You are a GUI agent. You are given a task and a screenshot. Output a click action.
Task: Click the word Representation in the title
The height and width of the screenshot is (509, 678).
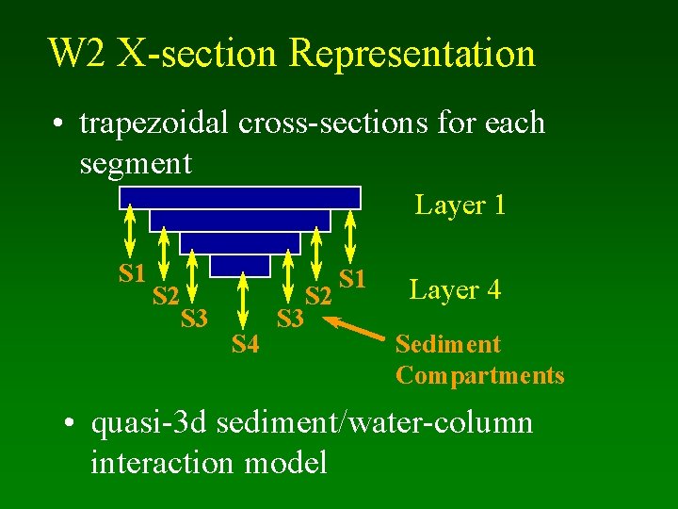coord(412,55)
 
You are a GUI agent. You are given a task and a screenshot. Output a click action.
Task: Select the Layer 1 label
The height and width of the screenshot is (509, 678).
coord(460,205)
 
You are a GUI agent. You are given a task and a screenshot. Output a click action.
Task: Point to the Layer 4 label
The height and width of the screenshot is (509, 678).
coord(455,289)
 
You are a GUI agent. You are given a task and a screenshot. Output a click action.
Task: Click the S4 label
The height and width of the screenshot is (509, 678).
coord(245,345)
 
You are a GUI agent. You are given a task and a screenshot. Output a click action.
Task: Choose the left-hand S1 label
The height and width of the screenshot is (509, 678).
coord(132,274)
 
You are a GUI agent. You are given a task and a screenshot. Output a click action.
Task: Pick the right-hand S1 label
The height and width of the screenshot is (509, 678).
coord(352,278)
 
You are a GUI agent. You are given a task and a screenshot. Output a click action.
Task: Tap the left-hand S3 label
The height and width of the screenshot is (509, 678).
coord(194,319)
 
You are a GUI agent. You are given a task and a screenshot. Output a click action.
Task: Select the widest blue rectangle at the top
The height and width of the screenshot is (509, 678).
coord(240,197)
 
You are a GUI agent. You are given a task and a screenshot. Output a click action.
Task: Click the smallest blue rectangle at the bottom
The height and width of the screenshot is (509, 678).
coord(239,266)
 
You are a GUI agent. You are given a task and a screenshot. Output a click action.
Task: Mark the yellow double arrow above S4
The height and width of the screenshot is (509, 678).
coord(244,300)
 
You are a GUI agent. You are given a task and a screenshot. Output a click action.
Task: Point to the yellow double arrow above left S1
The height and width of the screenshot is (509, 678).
coord(131,231)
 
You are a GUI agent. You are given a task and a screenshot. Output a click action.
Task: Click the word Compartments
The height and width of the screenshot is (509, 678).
coord(480,375)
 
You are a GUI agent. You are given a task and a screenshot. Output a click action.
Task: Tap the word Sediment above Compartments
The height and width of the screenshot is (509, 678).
coord(448,345)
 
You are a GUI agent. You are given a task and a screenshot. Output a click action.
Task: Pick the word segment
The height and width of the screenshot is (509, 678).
coord(136,164)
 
